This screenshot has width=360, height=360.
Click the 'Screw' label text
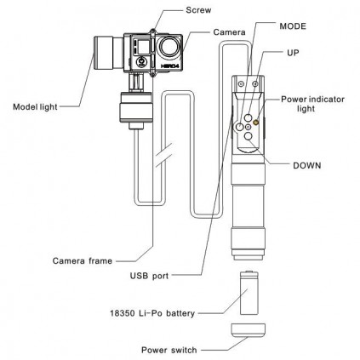[x=198, y=11]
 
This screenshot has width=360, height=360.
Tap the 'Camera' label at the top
[x=229, y=31]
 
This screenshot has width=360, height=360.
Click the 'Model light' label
[x=34, y=107]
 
